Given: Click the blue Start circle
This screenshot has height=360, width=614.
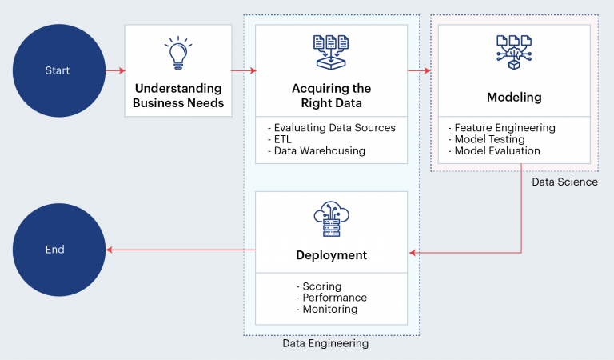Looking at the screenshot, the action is [x=58, y=70].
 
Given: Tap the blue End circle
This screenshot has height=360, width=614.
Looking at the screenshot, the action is [x=58, y=250].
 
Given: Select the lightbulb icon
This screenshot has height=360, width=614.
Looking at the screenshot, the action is [x=178, y=53].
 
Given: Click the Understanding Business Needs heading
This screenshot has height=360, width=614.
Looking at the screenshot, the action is [x=178, y=95].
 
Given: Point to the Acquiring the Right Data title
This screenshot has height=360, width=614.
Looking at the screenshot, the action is [x=331, y=95].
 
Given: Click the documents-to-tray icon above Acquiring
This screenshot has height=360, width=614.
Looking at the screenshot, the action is [x=331, y=53].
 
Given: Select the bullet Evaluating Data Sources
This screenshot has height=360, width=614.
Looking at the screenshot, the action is [x=331, y=128].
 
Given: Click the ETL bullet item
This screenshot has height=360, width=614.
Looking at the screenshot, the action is [x=280, y=139].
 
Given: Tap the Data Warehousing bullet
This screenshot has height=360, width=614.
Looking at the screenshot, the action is [x=317, y=151].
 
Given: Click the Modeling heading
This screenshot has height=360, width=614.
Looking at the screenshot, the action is [x=514, y=97].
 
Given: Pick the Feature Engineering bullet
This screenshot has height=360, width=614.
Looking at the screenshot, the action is [x=502, y=128].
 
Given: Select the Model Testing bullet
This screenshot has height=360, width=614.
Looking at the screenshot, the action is [x=487, y=139].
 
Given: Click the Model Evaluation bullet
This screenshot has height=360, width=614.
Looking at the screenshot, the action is [x=494, y=151].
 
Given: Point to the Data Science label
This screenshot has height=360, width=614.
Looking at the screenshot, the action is [x=564, y=182].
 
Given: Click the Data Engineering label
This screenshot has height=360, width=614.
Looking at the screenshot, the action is [x=325, y=343].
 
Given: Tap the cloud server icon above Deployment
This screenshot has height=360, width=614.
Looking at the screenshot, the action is [x=331, y=219].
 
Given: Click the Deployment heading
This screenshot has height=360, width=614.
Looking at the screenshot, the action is [x=331, y=255].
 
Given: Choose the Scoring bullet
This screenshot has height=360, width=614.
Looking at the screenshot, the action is [x=319, y=286].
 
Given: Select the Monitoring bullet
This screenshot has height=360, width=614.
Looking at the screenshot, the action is [x=326, y=309].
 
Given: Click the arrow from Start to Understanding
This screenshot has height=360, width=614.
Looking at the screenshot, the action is [x=115, y=70].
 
